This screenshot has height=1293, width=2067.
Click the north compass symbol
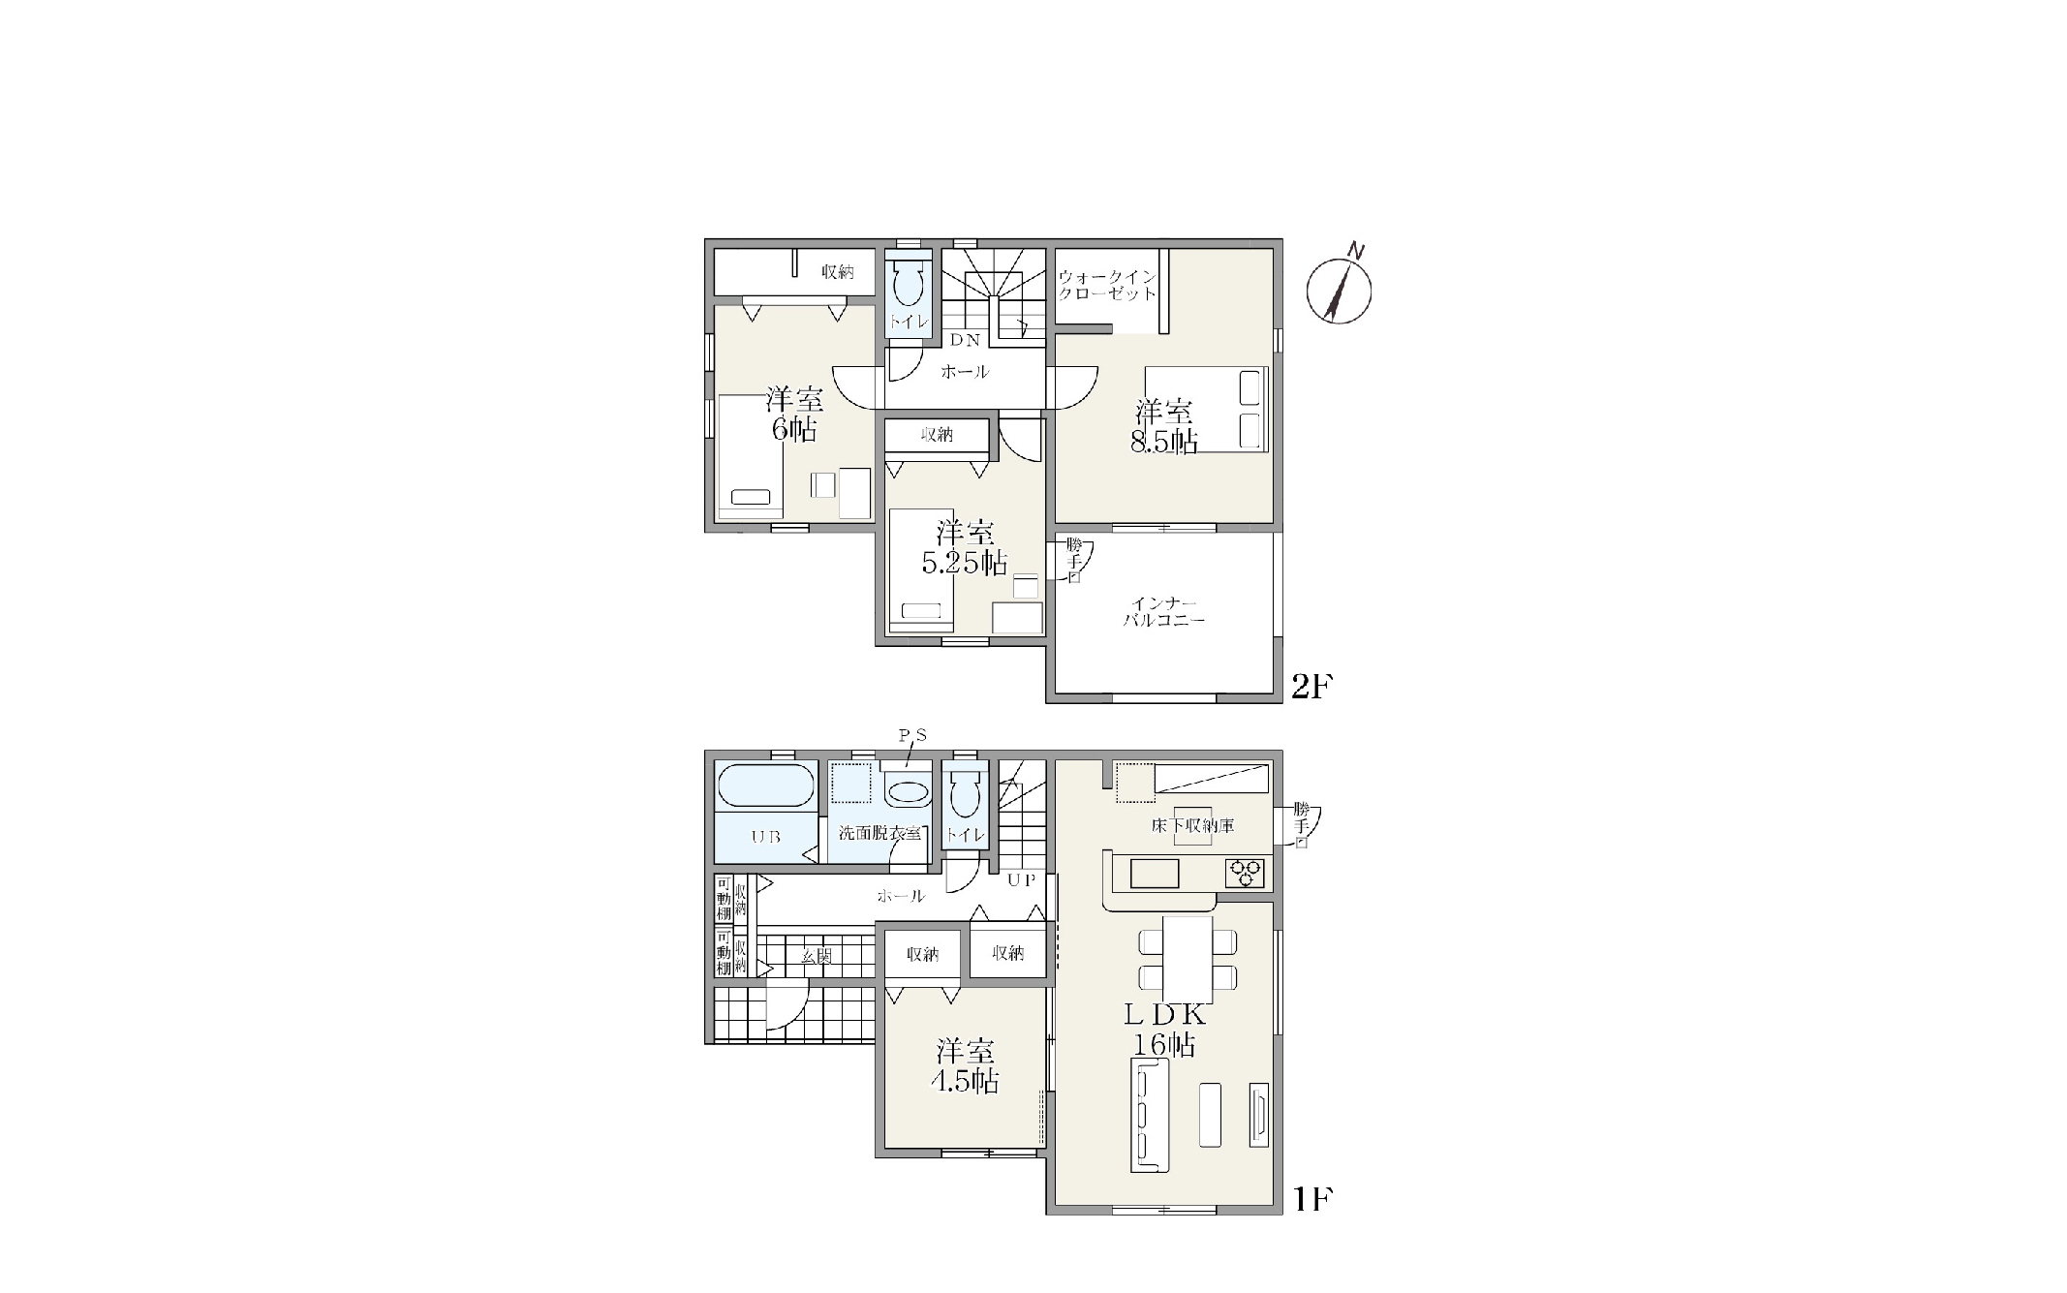point(1339,289)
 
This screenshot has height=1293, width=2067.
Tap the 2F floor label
point(1312,687)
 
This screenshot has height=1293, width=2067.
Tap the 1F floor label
point(1312,1200)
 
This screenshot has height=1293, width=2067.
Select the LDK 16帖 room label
point(1165,1030)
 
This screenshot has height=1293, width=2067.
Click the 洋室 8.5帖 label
point(1164,427)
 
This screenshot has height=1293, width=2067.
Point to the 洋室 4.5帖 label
point(965,1066)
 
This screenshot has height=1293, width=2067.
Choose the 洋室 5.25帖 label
point(965,547)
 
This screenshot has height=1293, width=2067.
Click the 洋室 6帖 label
point(794,414)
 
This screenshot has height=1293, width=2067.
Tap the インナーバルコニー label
point(1164,611)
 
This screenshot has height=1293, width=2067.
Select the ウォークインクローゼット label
point(1107,285)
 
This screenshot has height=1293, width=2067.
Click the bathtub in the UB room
point(765,785)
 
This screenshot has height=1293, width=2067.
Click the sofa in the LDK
point(1150,1115)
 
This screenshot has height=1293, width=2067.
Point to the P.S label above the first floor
point(912,736)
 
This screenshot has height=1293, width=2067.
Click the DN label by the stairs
point(965,340)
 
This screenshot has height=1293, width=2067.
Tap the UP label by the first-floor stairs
point(1022,880)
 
